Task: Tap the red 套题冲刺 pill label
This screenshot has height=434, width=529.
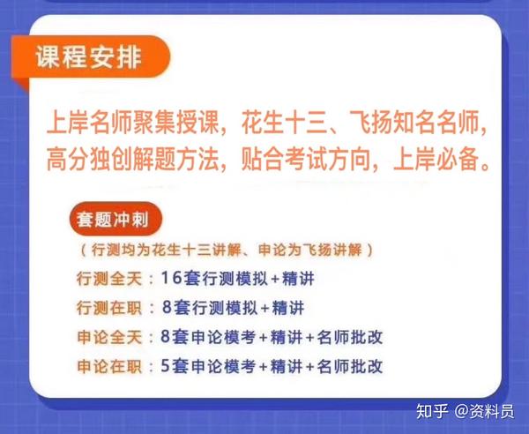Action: click(115, 220)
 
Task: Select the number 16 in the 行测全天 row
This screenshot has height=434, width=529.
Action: click(171, 278)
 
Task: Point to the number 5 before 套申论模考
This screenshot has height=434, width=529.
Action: click(165, 366)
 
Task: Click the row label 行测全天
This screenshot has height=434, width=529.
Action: click(109, 279)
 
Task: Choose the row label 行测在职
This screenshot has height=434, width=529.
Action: click(109, 308)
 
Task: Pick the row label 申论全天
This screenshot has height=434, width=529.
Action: click(109, 337)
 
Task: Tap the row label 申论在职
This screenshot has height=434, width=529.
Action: click(109, 366)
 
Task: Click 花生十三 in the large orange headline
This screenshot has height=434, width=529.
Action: click(285, 122)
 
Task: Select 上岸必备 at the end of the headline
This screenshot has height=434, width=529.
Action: click(437, 159)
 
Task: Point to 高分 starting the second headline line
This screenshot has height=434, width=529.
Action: click(68, 159)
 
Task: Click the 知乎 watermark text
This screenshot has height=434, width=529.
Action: click(432, 411)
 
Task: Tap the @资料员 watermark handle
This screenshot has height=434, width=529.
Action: click(484, 411)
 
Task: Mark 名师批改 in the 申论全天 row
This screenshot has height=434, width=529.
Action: click(350, 337)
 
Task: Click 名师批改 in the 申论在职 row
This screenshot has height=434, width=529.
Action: click(350, 366)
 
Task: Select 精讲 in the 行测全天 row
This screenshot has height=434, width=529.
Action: click(298, 279)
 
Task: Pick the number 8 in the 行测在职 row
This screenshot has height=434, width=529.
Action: click(168, 307)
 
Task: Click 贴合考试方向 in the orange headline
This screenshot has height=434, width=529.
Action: click(306, 159)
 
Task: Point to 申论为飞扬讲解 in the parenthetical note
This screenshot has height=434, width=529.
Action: click(310, 250)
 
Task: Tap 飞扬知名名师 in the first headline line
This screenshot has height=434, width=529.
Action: click(414, 122)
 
